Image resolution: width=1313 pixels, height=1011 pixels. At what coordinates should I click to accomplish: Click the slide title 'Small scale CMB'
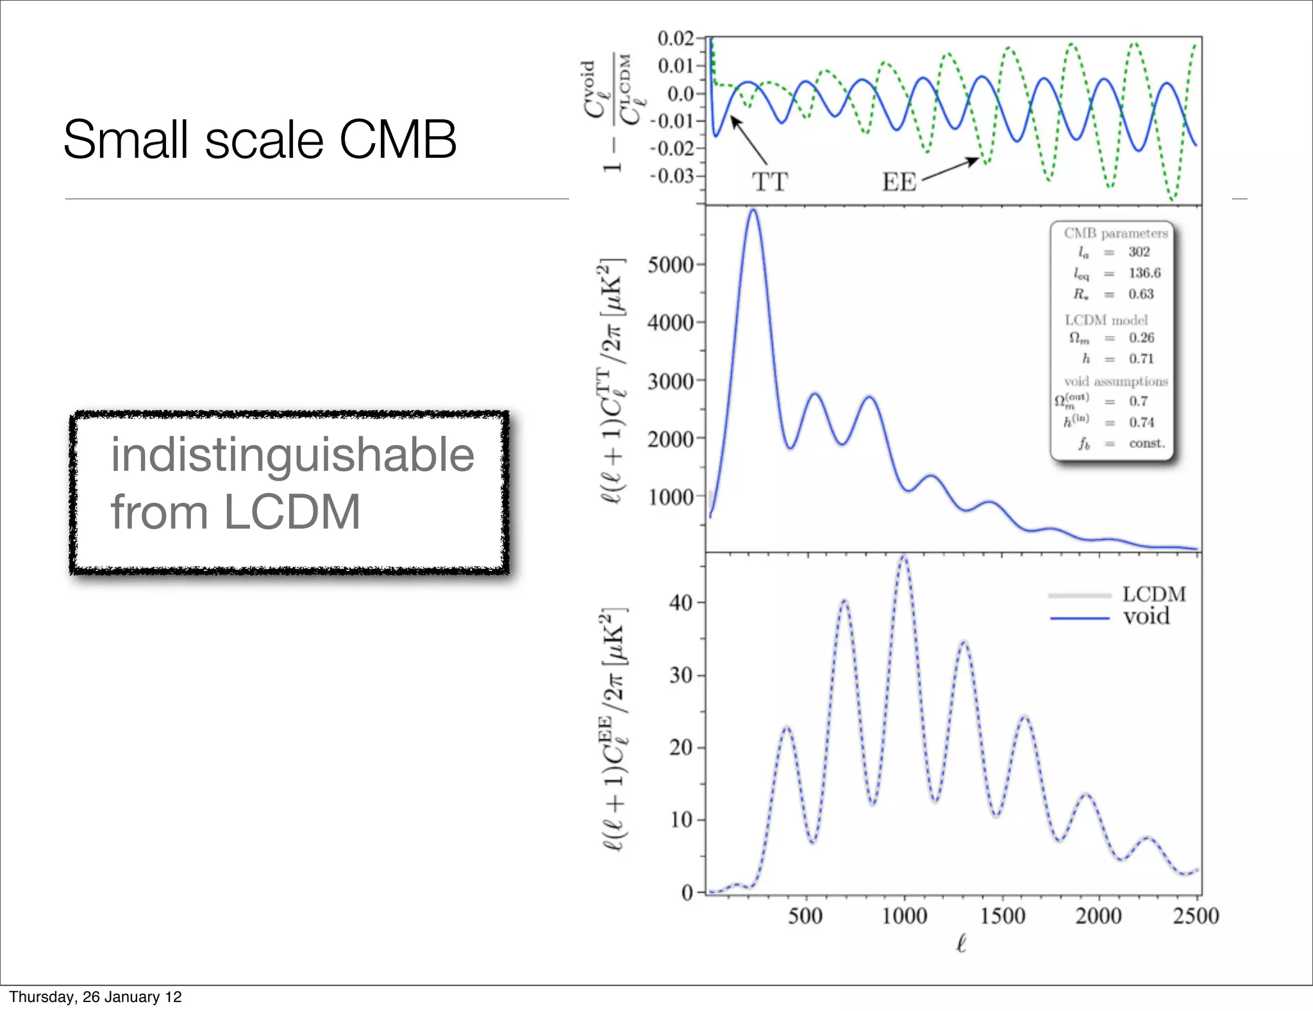click(260, 139)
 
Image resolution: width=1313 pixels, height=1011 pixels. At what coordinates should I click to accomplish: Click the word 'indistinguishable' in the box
click(292, 454)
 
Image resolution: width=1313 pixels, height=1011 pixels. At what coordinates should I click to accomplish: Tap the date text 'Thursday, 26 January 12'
click(96, 997)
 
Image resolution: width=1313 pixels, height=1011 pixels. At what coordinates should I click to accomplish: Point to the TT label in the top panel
click(769, 182)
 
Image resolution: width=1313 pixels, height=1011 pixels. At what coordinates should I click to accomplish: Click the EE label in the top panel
click(899, 182)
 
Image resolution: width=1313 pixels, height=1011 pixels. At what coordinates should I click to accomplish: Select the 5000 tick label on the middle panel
click(671, 264)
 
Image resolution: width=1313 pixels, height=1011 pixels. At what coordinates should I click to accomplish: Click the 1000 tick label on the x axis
click(904, 915)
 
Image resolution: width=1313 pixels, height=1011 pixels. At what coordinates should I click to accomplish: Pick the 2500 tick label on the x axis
click(1196, 915)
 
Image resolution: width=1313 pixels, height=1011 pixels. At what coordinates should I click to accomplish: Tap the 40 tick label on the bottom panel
click(680, 602)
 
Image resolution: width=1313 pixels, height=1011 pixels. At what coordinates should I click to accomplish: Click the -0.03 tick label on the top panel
click(673, 176)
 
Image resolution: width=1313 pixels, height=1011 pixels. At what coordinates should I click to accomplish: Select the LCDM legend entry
click(1153, 594)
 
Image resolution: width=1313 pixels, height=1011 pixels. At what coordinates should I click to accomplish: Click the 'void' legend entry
click(1146, 616)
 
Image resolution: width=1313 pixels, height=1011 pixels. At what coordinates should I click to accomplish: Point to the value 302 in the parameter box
click(1139, 251)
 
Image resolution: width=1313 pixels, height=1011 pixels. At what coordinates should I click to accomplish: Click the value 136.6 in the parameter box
click(1144, 273)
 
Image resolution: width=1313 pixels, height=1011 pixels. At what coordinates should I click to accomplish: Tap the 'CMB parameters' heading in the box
click(1116, 233)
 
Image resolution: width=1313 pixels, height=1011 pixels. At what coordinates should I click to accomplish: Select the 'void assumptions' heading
click(1116, 381)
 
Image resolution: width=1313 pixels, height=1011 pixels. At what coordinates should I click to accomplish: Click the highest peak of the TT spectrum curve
click(753, 210)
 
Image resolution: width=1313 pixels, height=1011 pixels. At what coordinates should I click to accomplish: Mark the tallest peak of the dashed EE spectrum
click(903, 557)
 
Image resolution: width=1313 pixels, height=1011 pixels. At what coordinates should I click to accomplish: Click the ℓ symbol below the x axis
click(960, 943)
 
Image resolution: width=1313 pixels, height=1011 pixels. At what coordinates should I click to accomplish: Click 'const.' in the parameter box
click(1147, 443)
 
